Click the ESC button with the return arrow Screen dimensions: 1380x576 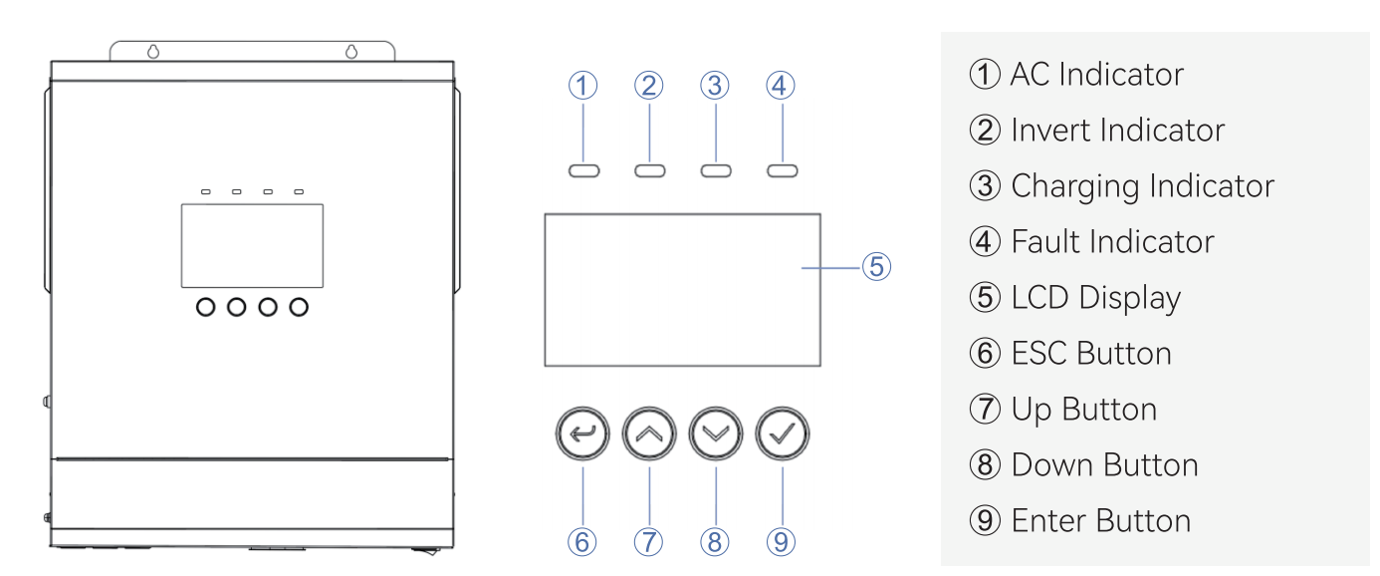click(x=582, y=433)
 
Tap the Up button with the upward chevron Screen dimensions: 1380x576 click(x=649, y=433)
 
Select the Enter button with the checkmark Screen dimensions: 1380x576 click(x=783, y=433)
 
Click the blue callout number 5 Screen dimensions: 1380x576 click(x=876, y=267)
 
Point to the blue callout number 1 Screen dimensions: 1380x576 click(x=582, y=86)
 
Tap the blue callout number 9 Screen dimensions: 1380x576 click(x=781, y=542)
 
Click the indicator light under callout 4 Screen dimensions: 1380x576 click(x=783, y=170)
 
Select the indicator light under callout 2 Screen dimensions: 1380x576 click(x=650, y=170)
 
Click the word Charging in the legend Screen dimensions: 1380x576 click(x=1074, y=187)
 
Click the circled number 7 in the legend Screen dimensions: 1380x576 click(x=985, y=409)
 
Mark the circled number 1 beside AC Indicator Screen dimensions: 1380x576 click(x=985, y=74)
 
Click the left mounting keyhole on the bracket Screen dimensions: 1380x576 click(x=153, y=52)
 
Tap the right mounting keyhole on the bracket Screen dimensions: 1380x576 click(x=351, y=52)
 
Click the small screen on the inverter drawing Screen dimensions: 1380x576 click(x=252, y=245)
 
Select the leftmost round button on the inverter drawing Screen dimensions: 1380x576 click(x=206, y=307)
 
